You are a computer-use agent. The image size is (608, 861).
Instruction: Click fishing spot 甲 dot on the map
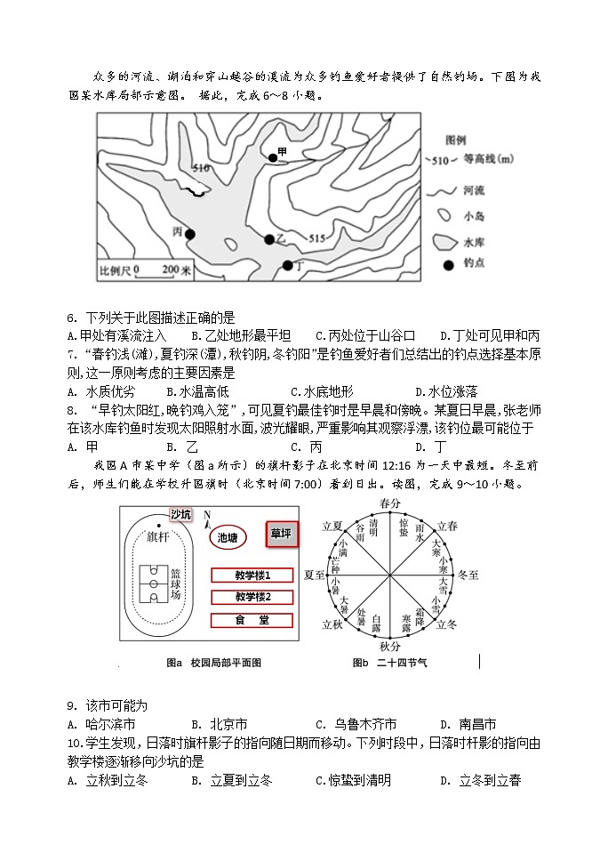pos(273,157)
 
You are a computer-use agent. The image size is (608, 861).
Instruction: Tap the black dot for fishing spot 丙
pos(189,233)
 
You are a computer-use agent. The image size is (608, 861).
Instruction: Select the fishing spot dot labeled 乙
pos(268,239)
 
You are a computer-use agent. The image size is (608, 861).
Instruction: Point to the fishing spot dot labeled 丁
pos(287,265)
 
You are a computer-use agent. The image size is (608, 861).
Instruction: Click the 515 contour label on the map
pos(317,237)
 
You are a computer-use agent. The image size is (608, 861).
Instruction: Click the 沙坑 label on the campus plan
pos(180,515)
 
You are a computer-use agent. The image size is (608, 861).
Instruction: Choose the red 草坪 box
pos(282,535)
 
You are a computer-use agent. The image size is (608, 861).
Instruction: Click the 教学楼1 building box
pos(252,575)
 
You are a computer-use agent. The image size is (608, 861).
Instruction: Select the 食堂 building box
pos(252,620)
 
